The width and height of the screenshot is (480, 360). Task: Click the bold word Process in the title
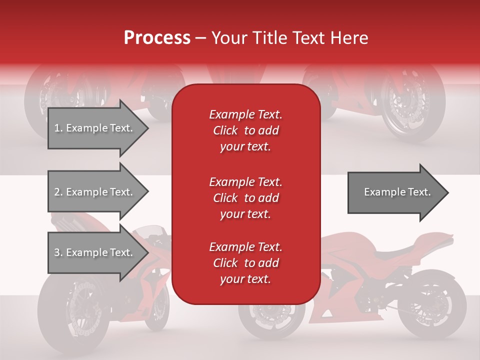click(x=157, y=37)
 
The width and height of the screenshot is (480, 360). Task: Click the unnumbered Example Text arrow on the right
click(x=395, y=192)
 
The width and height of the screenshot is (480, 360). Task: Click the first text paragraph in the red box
click(x=245, y=130)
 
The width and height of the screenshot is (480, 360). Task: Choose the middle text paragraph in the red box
click(x=245, y=198)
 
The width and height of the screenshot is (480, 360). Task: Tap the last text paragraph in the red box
click(x=245, y=263)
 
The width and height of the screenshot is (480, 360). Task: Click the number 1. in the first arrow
click(x=58, y=128)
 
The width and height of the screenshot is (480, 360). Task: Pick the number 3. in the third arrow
click(x=58, y=252)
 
